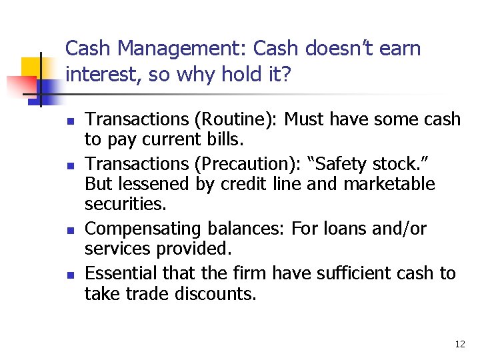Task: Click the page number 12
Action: click(x=459, y=344)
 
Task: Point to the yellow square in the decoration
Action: click(x=32, y=68)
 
